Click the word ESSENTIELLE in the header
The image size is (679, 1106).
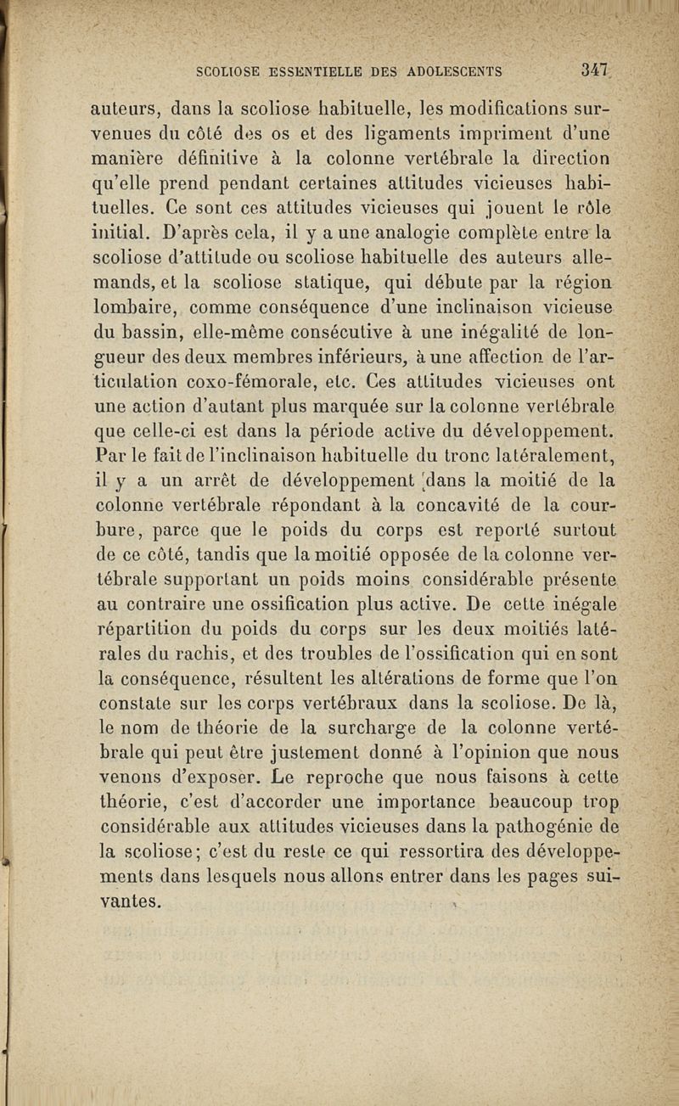coord(300,71)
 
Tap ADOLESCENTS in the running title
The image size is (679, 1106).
coord(454,71)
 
